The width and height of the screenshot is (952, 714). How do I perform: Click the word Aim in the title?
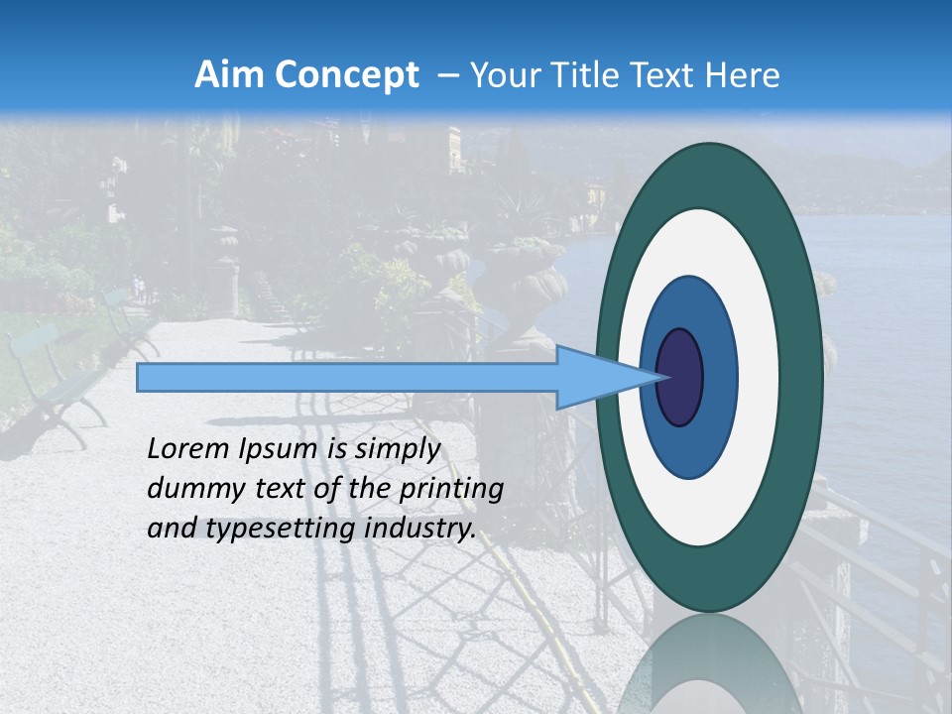[x=227, y=75]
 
